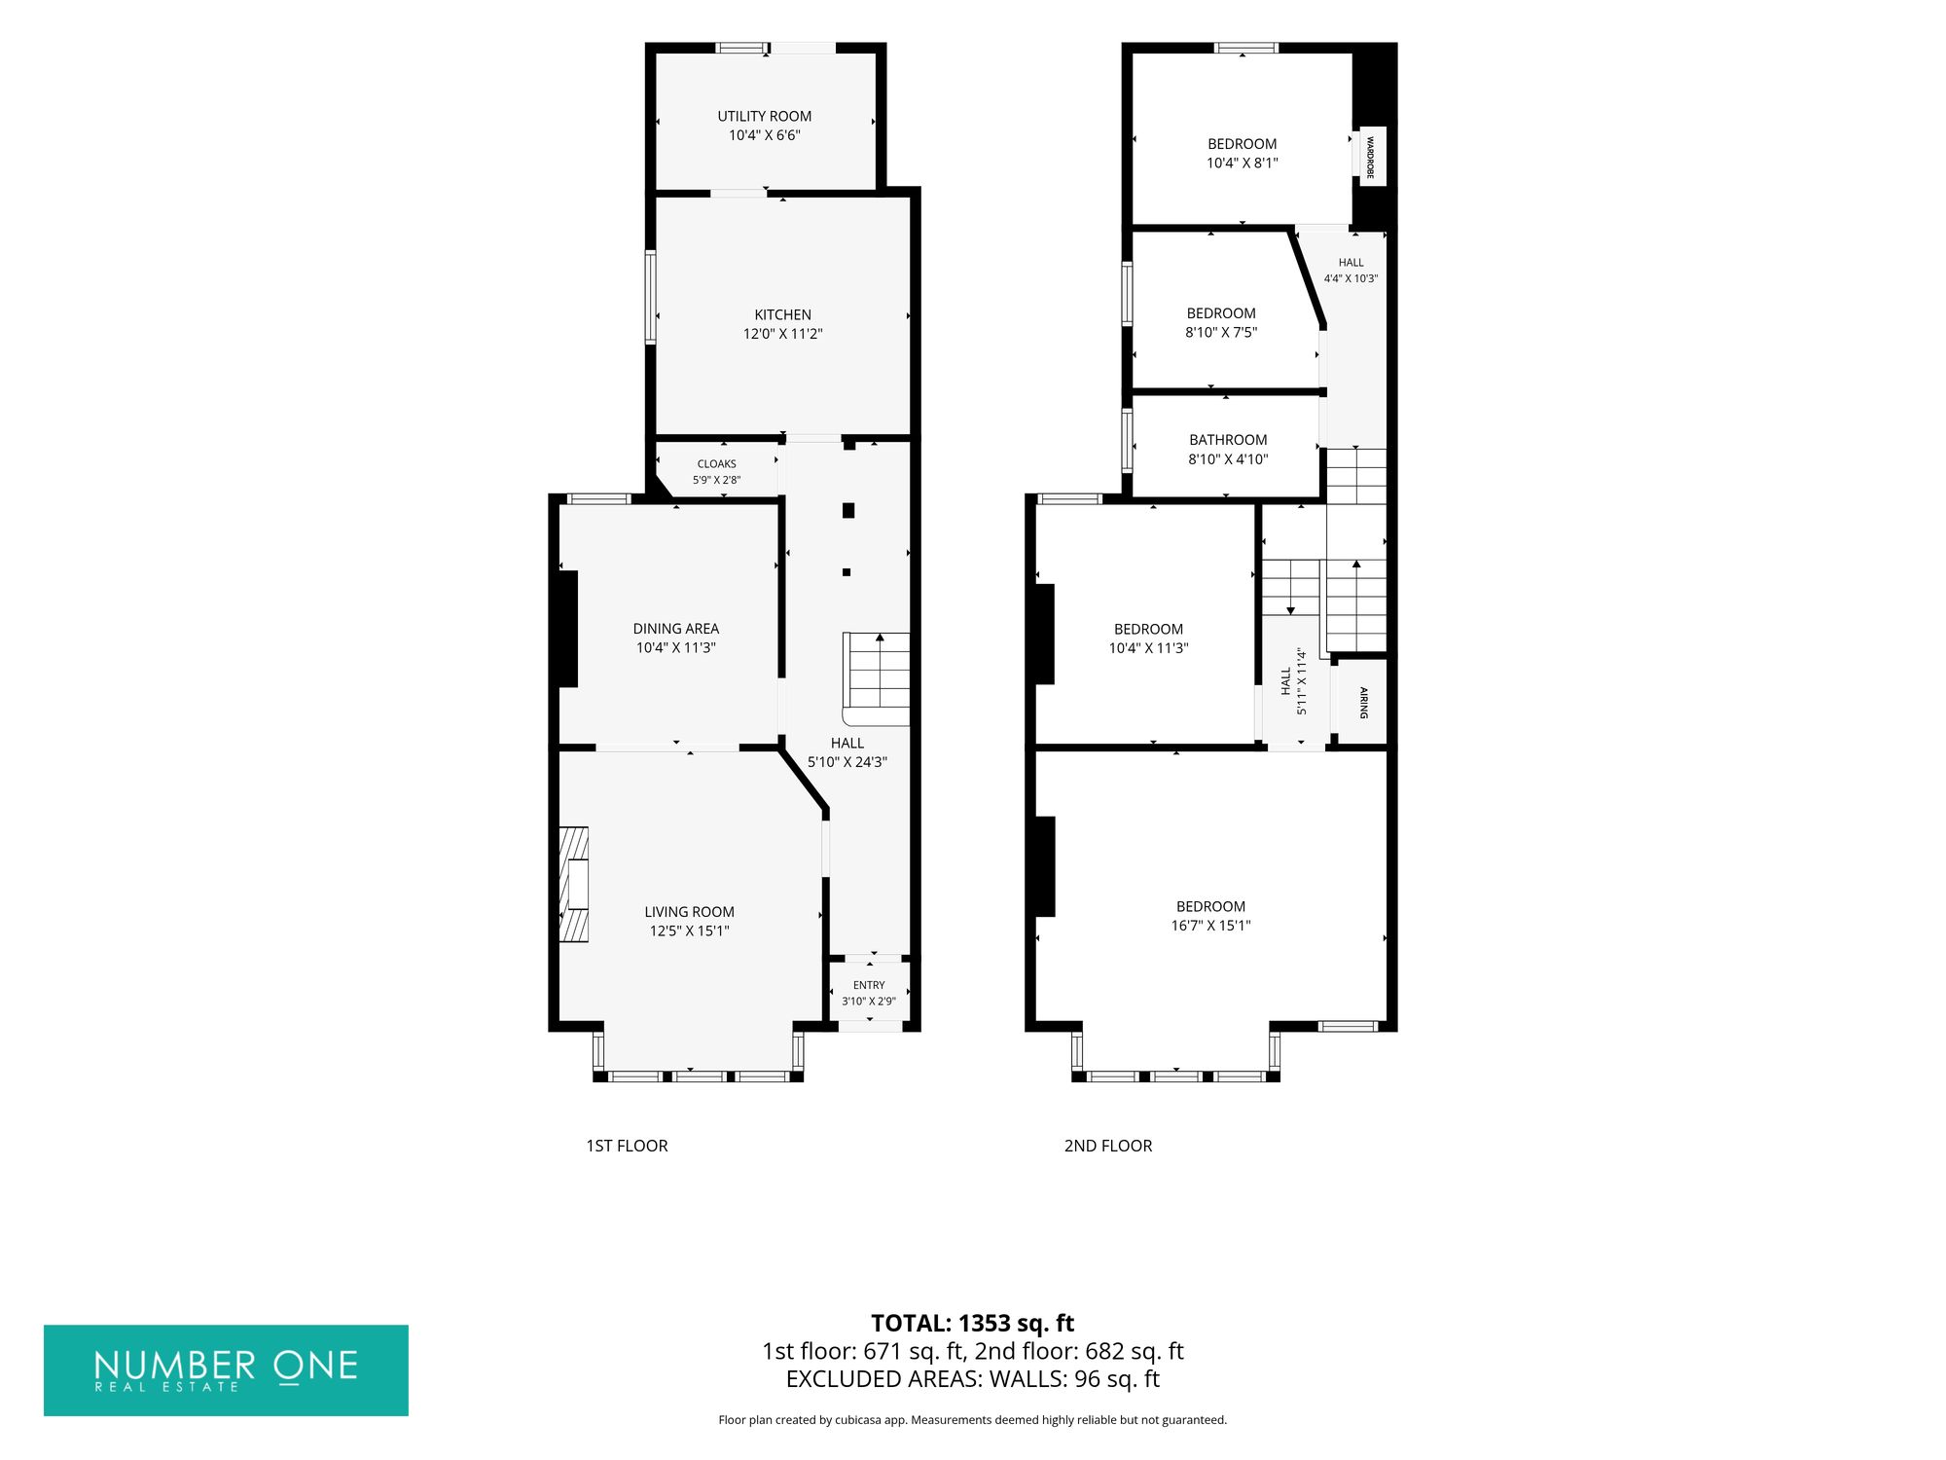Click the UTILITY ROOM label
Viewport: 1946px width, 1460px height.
[764, 116]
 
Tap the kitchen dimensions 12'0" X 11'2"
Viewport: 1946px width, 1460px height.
[783, 334]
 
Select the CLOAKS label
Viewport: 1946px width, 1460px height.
[717, 464]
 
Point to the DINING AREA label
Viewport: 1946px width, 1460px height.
[676, 629]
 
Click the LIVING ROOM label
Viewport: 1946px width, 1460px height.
[689, 912]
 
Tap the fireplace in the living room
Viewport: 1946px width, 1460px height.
[574, 885]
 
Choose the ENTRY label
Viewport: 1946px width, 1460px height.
[869, 985]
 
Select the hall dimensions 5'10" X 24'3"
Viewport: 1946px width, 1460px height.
[847, 762]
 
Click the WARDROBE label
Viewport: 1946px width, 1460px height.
[1370, 156]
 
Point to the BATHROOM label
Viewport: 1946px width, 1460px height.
[1228, 440]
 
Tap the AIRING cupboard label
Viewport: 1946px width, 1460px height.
[1363, 703]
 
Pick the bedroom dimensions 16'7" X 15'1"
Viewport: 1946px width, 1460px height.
[1210, 926]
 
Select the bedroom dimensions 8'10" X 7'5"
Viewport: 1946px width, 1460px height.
[1221, 332]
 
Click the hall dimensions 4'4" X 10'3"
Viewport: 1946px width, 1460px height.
[1351, 278]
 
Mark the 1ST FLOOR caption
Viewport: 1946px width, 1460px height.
[627, 1146]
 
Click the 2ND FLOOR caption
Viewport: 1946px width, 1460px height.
[1108, 1146]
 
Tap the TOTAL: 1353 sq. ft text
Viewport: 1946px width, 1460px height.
[973, 1324]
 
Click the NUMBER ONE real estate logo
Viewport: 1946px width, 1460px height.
[226, 1370]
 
